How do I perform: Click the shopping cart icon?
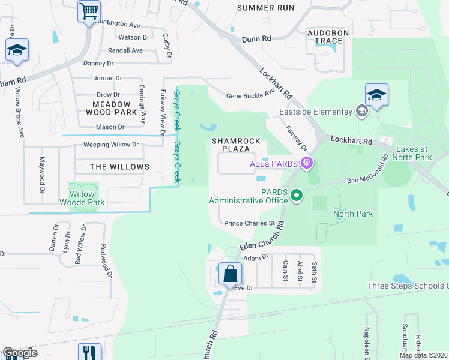pos(89,11)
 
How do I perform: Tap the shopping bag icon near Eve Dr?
pos(231,274)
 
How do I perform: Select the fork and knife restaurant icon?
pos(89,352)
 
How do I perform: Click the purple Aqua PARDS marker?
pos(307,162)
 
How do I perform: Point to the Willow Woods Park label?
pos(82,199)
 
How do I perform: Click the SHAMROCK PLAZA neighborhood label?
pos(236,145)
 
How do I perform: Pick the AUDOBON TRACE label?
pos(325,37)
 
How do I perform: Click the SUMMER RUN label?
pos(265,8)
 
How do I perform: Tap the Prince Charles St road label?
pos(249,223)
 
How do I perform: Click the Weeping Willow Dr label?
pos(110,145)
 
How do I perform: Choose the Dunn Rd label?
pos(256,38)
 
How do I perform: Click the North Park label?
pos(353,214)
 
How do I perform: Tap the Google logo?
pos(19,353)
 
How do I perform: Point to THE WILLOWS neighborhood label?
pos(119,167)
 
